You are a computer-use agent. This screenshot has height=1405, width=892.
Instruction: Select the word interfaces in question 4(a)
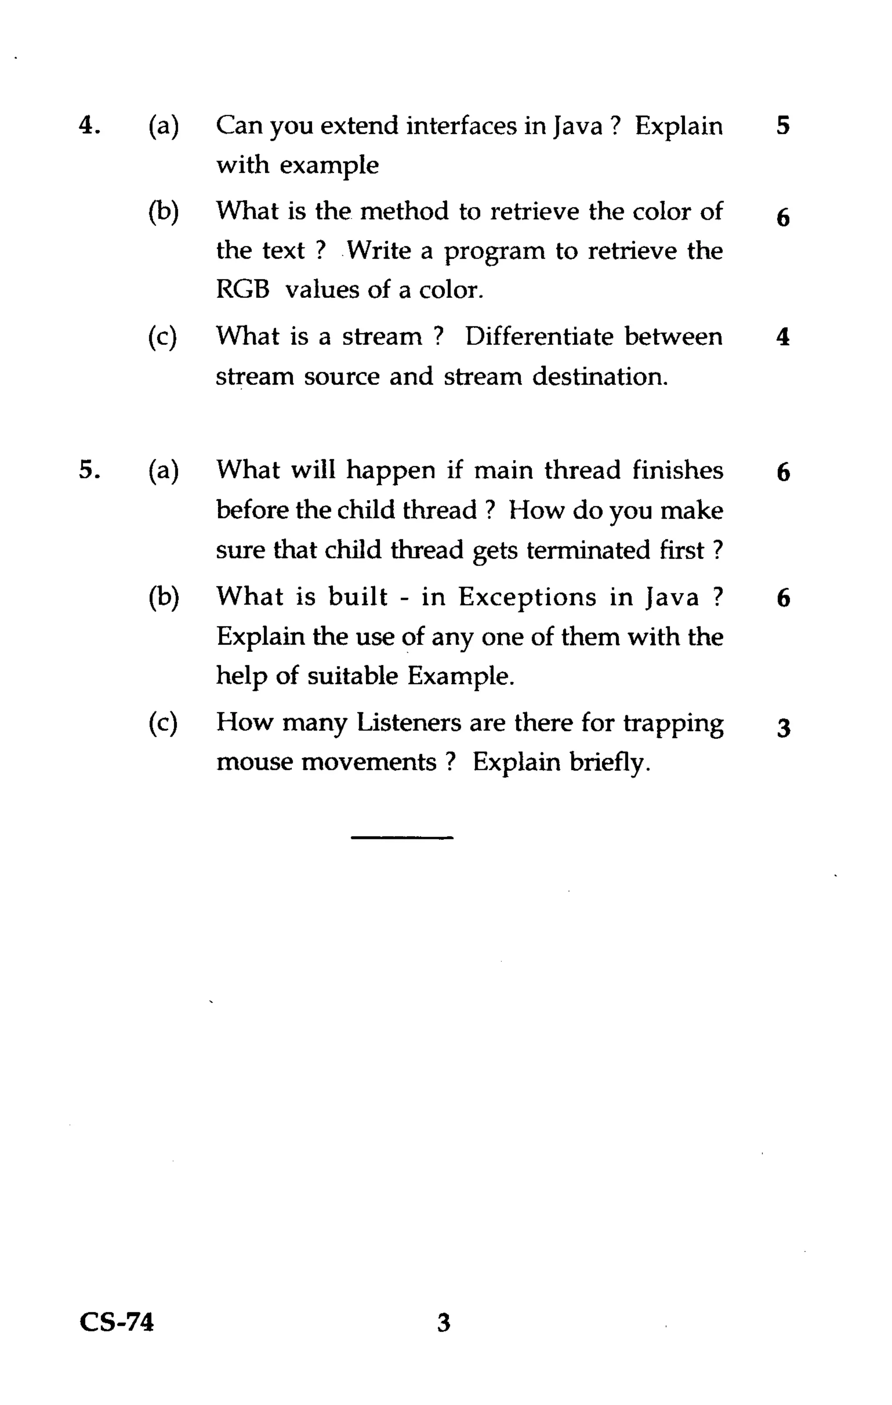[x=461, y=125]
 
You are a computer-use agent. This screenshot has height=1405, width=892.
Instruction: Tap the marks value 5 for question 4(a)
[x=783, y=125]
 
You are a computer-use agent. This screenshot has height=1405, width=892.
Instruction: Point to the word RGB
[x=243, y=289]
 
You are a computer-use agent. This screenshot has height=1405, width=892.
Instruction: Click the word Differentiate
[x=539, y=337]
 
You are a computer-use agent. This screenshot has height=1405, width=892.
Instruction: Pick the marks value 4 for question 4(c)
[x=783, y=337]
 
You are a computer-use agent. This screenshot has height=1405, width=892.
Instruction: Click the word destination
[x=600, y=376]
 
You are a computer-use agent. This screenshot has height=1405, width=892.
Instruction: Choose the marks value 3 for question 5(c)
[x=784, y=728]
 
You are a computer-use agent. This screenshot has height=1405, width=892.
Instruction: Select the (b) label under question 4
[x=163, y=211]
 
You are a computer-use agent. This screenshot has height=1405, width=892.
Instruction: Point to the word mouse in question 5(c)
[x=253, y=762]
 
